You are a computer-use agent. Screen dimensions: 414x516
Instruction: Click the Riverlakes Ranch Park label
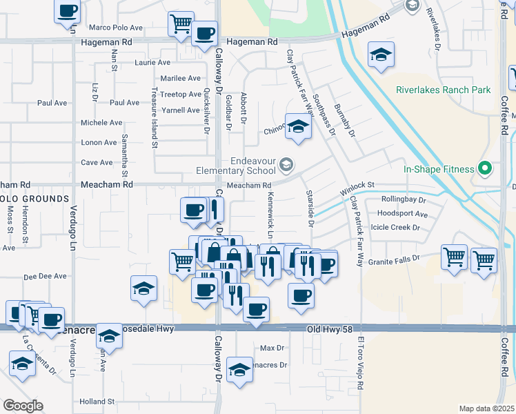click(x=443, y=90)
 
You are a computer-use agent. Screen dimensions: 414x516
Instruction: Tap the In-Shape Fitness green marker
click(x=485, y=168)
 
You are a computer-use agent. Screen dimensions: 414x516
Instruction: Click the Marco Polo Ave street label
click(x=116, y=28)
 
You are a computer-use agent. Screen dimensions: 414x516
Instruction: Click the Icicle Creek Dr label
click(x=395, y=227)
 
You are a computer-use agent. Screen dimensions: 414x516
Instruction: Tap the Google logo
click(x=23, y=406)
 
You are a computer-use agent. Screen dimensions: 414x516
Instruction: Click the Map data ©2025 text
click(x=486, y=408)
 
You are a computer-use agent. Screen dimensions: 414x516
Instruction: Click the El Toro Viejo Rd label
click(x=359, y=365)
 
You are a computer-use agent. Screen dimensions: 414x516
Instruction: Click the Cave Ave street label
click(x=97, y=163)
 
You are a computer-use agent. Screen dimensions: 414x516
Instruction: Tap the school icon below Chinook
click(x=298, y=128)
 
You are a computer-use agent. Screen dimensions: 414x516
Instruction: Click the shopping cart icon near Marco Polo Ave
click(x=180, y=23)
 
